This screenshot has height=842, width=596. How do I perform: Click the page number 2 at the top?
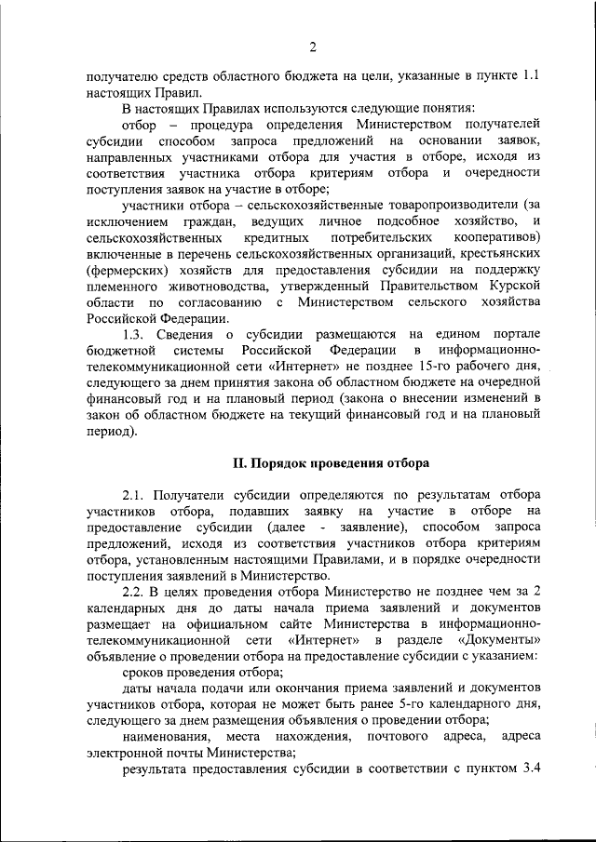314,47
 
